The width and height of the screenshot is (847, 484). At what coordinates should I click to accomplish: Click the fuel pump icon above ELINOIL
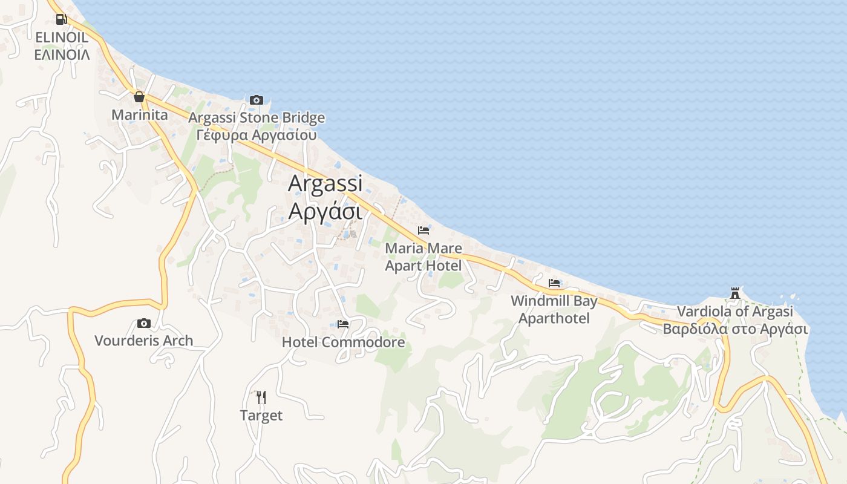point(61,19)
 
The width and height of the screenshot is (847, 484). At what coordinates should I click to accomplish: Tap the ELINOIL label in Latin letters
point(62,38)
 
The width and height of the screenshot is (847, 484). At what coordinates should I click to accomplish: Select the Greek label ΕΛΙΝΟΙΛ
point(62,54)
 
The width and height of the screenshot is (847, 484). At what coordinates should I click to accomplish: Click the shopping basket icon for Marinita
point(139,97)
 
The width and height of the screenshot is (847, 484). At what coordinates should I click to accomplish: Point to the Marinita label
point(140,114)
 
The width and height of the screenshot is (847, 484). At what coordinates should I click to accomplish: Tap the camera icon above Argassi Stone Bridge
point(257,100)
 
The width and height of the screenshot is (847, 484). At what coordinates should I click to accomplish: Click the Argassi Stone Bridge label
point(257,117)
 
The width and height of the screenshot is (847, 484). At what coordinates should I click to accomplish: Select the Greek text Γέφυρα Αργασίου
point(257,134)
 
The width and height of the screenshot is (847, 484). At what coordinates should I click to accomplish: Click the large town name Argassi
point(325,183)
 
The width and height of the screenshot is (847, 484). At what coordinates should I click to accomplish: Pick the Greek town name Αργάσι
point(325,211)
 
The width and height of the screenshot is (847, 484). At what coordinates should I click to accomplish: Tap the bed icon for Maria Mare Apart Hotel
point(423,231)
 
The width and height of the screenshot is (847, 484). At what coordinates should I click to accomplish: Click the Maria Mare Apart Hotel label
point(423,257)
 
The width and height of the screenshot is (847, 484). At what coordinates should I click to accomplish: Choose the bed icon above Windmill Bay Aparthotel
point(554,283)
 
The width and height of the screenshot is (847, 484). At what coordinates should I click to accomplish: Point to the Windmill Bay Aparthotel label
point(554,309)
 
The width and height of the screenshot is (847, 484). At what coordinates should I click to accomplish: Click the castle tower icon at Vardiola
point(735,293)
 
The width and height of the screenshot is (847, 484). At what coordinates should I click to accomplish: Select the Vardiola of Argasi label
point(735,312)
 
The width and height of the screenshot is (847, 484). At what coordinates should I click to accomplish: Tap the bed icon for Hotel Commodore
point(343,324)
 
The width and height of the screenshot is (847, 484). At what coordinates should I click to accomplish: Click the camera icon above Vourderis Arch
point(143,323)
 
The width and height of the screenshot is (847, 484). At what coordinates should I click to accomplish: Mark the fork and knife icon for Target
point(261,397)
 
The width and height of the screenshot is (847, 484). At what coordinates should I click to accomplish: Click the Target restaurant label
point(261,416)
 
